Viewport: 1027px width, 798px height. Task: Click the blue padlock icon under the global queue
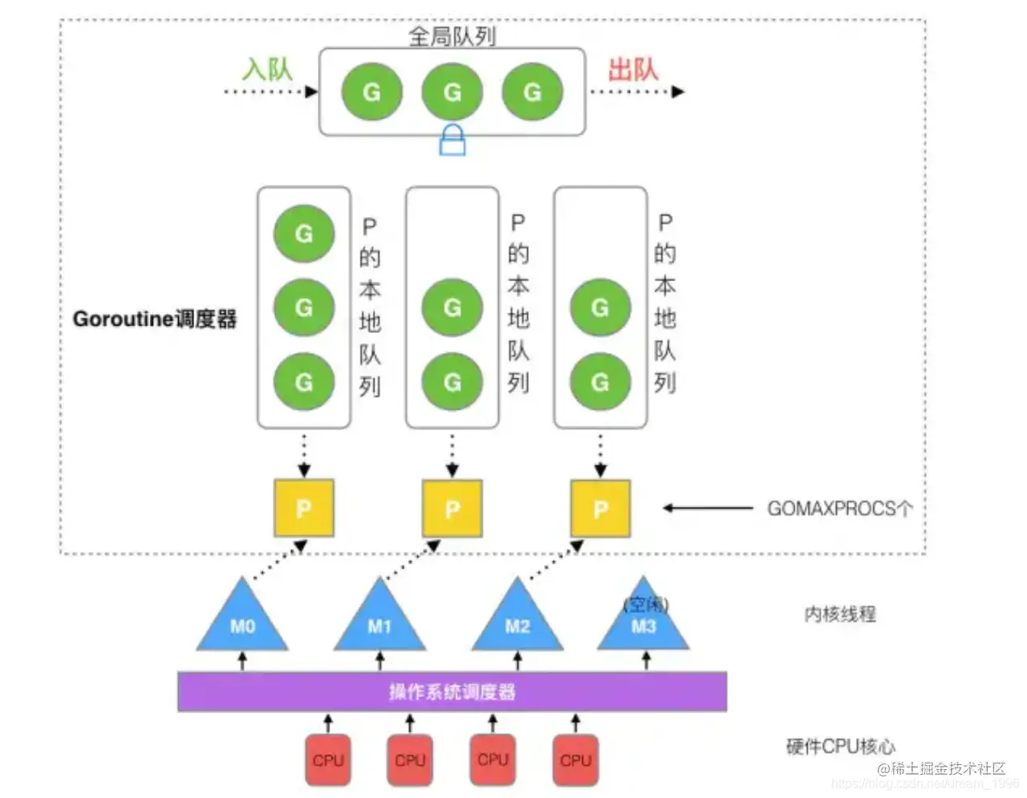[x=453, y=140]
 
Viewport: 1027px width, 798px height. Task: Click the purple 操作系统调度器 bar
[x=452, y=691]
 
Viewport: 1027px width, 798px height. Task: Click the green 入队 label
[x=267, y=69]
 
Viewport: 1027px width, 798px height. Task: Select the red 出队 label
[x=633, y=69]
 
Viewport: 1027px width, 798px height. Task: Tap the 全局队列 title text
[x=452, y=35]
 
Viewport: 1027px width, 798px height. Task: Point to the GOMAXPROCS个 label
[x=839, y=508]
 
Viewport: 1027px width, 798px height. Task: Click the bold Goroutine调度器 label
[x=155, y=319]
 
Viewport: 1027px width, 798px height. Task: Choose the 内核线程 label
[x=839, y=614]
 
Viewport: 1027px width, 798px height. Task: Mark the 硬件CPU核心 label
[x=840, y=747]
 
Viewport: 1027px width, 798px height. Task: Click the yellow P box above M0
[x=303, y=508]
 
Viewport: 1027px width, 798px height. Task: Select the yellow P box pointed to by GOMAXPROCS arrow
[x=600, y=508]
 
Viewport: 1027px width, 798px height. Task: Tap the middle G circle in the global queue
[x=453, y=92]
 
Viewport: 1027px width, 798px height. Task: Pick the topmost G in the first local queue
[x=303, y=234]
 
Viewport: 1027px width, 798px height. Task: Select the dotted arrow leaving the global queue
[x=637, y=92]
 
